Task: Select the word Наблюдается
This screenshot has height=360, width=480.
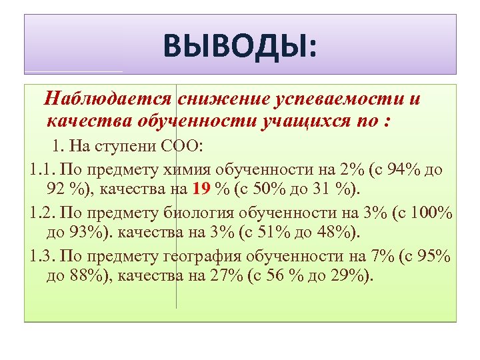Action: coord(107,100)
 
